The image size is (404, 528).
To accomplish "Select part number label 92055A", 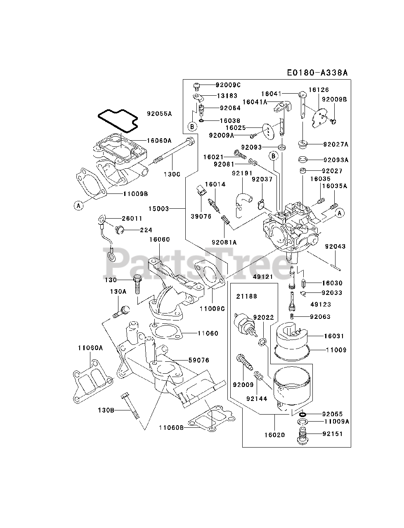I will [x=159, y=113].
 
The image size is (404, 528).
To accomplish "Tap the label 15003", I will [x=158, y=209].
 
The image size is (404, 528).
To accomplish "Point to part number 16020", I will [x=275, y=434].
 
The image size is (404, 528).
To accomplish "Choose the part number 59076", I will [x=198, y=360].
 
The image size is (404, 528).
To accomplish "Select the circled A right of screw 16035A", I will [x=340, y=213].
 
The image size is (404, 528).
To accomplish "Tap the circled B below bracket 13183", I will [x=192, y=126].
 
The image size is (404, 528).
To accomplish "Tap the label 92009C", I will [x=228, y=85].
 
